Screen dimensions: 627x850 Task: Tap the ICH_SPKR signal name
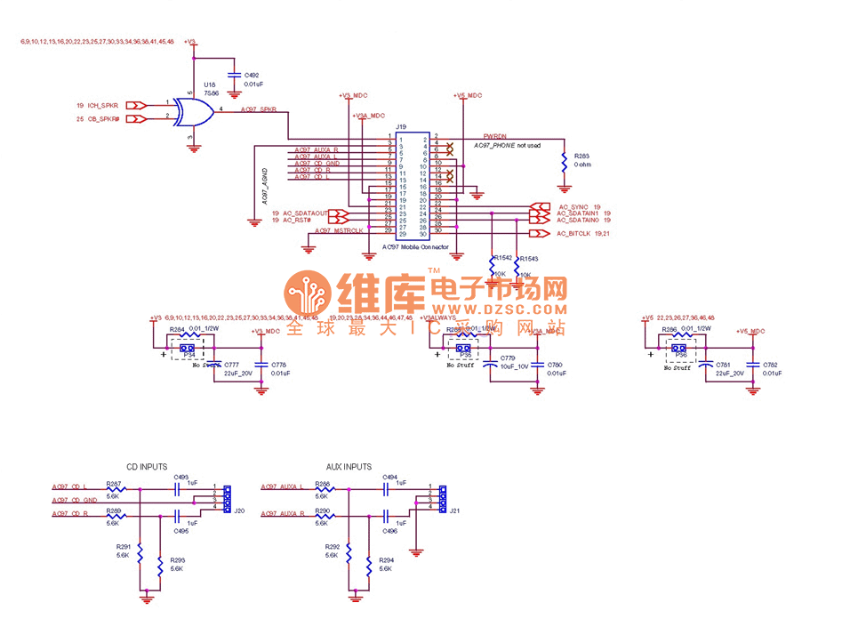point(103,105)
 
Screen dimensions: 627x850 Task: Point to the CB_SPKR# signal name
point(103,118)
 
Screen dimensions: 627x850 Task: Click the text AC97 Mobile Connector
point(415,247)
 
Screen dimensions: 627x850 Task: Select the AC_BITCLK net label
point(574,234)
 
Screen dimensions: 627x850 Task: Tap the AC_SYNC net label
point(574,206)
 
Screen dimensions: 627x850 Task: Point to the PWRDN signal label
point(494,134)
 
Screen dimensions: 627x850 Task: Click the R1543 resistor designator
point(530,259)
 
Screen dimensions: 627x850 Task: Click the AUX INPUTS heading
point(349,466)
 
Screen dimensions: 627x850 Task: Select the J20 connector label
point(239,510)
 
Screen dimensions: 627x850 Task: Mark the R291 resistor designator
point(123,546)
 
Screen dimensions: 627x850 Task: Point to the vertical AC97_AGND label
point(265,187)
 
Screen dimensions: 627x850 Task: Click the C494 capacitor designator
point(389,478)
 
